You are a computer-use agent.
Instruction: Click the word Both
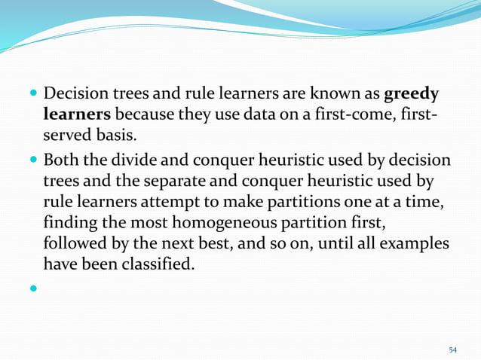click(x=63, y=163)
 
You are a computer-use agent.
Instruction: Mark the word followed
click(x=75, y=245)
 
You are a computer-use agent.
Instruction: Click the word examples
click(x=415, y=245)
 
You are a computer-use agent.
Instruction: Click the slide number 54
click(x=452, y=349)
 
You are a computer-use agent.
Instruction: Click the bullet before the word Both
click(x=33, y=163)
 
